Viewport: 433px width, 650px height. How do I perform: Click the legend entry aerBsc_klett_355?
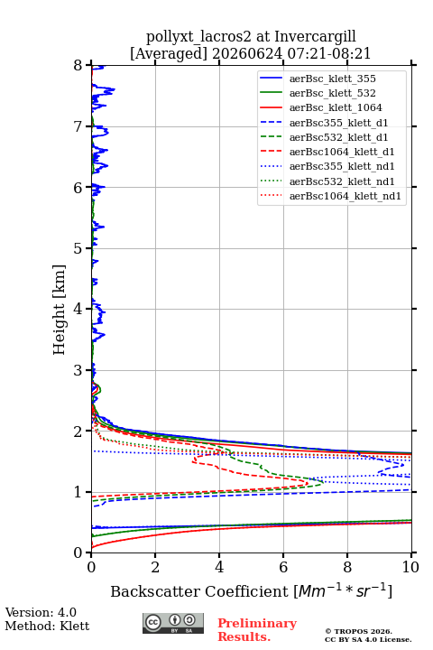coord(332,79)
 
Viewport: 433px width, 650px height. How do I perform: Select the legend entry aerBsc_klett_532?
coord(332,93)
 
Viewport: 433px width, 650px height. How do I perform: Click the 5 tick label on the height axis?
coord(78,248)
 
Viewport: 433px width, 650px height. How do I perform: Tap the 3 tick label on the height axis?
coord(78,370)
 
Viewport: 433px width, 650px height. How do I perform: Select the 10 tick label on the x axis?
coord(410,567)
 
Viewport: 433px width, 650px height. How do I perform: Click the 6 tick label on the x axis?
coord(283,567)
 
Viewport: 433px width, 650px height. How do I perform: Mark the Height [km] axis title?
coord(59,310)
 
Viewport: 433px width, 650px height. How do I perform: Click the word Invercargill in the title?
coord(316,37)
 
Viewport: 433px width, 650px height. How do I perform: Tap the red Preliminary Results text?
coord(257,630)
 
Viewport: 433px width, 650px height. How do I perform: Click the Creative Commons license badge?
coord(173,624)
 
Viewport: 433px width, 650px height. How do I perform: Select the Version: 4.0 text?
coord(41,612)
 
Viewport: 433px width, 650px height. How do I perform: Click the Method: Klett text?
coord(47,626)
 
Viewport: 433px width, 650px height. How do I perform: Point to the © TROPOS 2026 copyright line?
coord(359,631)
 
